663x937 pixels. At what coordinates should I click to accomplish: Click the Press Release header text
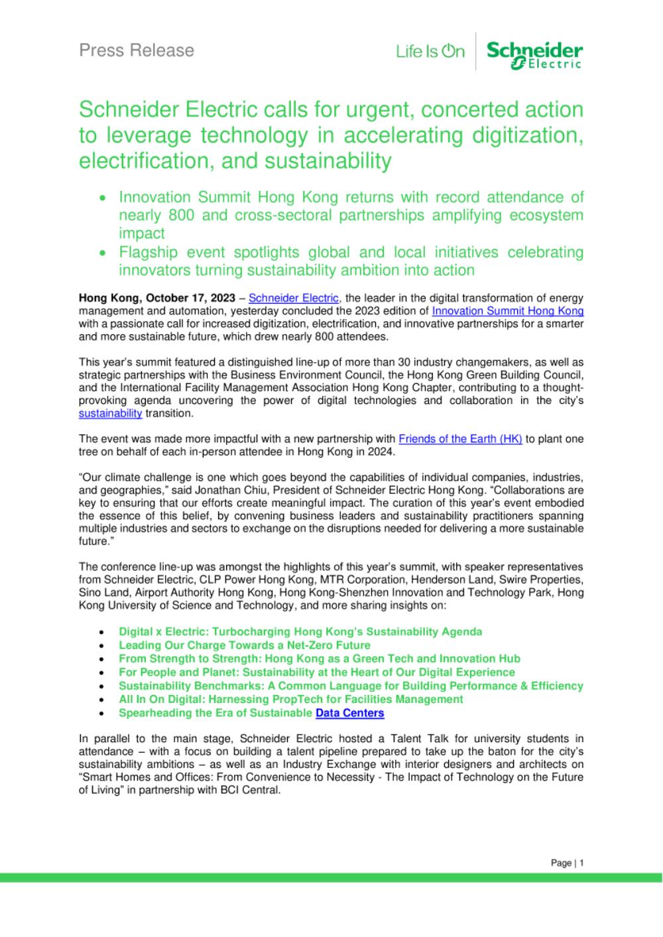pos(137,50)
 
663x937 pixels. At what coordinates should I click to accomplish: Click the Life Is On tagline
pos(430,51)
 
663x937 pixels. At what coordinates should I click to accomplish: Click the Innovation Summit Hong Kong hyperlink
pos(508,310)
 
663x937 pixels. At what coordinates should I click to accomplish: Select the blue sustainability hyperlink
pos(110,413)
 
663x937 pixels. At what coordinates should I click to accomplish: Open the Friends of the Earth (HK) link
pos(460,439)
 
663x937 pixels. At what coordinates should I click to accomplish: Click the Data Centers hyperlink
pos(350,713)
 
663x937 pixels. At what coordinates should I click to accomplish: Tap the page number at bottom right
pos(567,863)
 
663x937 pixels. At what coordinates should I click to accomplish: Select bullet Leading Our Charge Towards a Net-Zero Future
pos(245,645)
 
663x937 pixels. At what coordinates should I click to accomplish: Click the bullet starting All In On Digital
pos(291,699)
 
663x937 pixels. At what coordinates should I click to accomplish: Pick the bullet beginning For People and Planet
pos(317,672)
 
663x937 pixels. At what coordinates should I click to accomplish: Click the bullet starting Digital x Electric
pos(300,631)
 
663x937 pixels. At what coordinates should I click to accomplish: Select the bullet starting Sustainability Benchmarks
pos(351,686)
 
